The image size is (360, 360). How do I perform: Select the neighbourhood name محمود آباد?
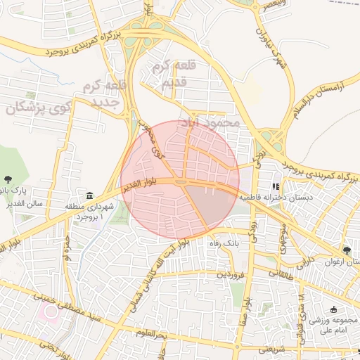point(211,122)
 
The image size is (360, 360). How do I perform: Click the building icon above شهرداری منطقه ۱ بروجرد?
point(90,195)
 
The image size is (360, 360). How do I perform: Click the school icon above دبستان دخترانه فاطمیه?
point(276,187)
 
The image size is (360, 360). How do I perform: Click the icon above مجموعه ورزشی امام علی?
point(333,309)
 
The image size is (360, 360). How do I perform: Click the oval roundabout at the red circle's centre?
point(181,183)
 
